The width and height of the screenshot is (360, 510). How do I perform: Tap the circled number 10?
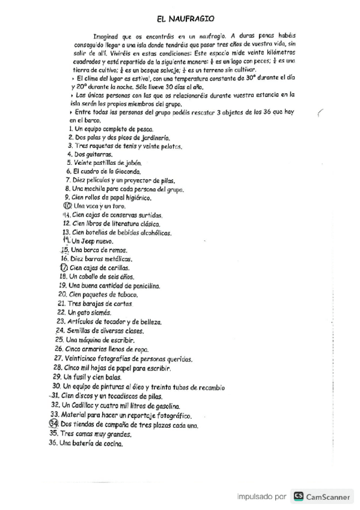pyautogui.click(x=67, y=206)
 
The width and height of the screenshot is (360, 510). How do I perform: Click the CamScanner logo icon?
pyautogui.click(x=298, y=497)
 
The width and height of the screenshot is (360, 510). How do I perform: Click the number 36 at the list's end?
pyautogui.click(x=53, y=443)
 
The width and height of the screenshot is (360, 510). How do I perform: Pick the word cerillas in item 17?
pyautogui.click(x=117, y=268)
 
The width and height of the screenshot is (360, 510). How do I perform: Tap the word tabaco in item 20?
pyautogui.click(x=126, y=295)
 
